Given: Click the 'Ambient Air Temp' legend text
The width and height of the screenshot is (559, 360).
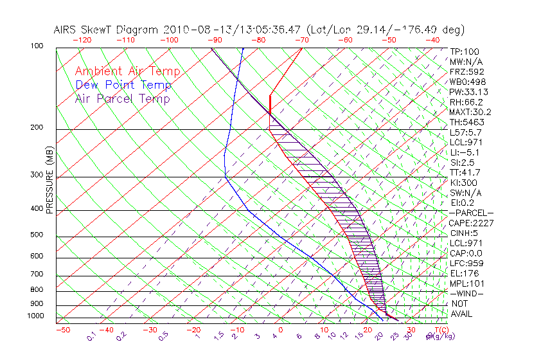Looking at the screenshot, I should (x=127, y=72).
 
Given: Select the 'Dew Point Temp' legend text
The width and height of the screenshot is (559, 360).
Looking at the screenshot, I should (x=123, y=85).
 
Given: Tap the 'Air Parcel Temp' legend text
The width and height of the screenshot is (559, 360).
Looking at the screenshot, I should (x=123, y=99).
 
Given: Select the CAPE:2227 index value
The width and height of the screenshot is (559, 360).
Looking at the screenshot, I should (x=471, y=223).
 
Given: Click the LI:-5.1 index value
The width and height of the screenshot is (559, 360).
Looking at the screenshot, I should (x=465, y=152).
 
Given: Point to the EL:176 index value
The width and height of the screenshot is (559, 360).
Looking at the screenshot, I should (x=463, y=273).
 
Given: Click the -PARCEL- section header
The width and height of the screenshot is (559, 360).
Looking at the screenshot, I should (x=471, y=213).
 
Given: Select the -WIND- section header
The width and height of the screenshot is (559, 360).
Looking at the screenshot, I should (x=466, y=293).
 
